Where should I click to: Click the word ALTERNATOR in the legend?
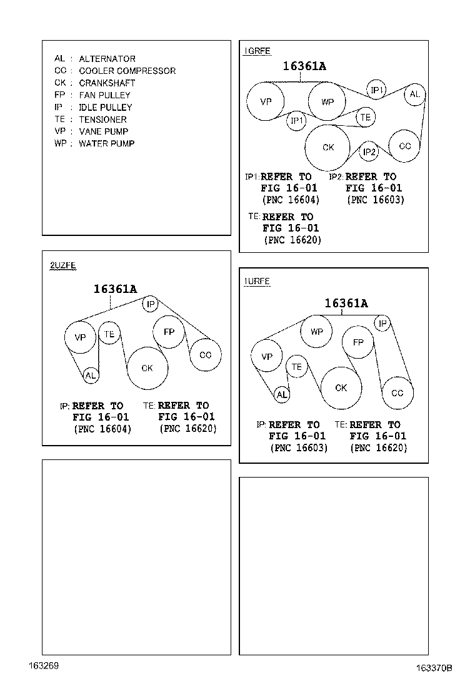(107, 59)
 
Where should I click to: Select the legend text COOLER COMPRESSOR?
(127, 71)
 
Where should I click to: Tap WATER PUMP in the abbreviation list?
(106, 143)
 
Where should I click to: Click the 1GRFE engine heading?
(257, 51)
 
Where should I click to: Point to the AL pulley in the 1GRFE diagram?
(415, 94)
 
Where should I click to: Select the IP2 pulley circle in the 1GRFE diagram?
(369, 152)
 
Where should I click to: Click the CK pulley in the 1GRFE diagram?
(327, 148)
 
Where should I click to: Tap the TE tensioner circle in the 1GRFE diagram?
(366, 117)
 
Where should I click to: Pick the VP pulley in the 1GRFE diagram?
(266, 101)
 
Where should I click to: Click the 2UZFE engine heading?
(63, 265)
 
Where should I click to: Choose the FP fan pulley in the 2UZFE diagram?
(169, 332)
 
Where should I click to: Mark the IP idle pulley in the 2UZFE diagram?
(151, 304)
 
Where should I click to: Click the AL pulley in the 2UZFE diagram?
(91, 376)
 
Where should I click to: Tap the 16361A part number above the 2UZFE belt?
(115, 289)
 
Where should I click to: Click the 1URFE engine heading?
(257, 282)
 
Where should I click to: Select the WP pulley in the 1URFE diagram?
(316, 332)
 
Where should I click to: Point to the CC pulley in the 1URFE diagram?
(397, 393)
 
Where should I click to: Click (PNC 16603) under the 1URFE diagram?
(299, 448)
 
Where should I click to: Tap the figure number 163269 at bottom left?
(44, 665)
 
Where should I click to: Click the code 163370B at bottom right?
(434, 668)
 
